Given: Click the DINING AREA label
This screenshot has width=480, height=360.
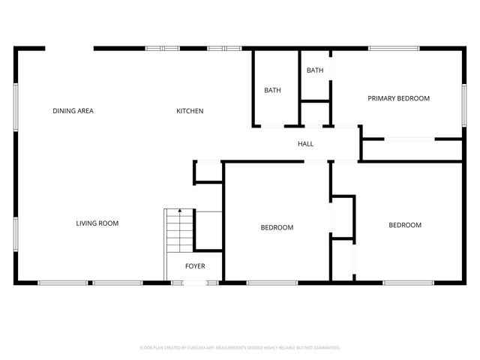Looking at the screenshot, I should (73, 111).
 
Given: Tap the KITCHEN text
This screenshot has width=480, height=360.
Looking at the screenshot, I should (190, 111).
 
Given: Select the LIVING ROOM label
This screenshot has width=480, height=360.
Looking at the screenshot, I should (97, 223).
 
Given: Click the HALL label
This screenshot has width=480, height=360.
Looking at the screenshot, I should (305, 144).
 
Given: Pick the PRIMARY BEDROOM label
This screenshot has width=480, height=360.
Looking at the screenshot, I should (398, 98).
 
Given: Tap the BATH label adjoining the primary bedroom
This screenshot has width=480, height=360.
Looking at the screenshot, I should (315, 70).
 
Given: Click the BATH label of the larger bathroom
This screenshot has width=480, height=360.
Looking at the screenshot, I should (272, 91).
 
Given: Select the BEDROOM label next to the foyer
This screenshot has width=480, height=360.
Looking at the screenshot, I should (277, 227).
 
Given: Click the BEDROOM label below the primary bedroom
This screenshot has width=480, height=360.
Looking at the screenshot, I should (404, 225).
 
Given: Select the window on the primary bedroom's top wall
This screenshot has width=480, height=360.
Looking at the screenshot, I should (394, 49).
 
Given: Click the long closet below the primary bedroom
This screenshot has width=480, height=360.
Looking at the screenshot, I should (411, 149).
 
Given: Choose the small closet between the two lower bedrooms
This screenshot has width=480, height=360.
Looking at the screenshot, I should (343, 217).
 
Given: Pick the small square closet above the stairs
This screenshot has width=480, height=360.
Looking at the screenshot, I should (208, 172).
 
